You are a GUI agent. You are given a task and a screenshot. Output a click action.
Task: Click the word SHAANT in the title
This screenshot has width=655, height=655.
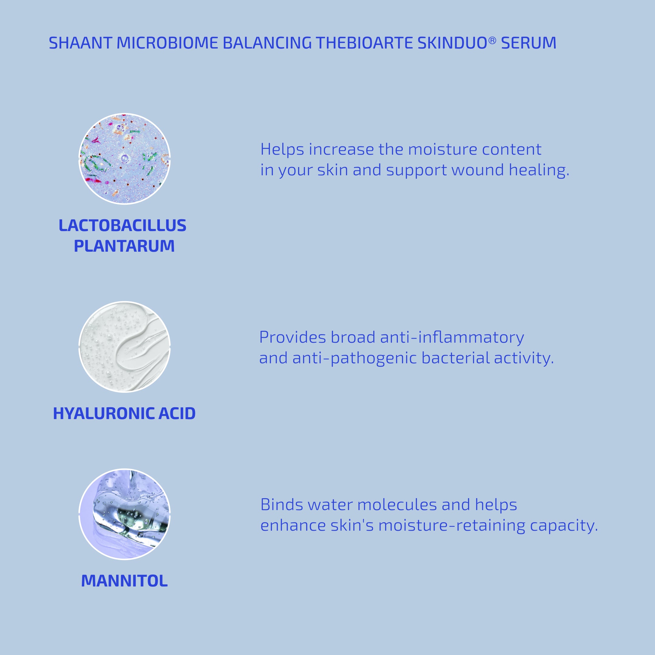click(80, 43)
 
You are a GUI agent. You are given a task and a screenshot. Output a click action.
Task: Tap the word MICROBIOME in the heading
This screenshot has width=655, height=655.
click(167, 43)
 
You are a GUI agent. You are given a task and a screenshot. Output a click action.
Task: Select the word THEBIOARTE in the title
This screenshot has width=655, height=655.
click(364, 43)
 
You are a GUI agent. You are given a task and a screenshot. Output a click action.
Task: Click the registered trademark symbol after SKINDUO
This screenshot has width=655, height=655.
click(492, 41)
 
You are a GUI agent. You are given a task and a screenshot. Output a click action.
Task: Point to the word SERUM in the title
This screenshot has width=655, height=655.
click(529, 43)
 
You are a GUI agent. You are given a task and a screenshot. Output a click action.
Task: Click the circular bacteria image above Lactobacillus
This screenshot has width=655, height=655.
click(124, 159)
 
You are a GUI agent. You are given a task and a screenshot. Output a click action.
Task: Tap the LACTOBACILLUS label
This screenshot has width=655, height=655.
click(123, 225)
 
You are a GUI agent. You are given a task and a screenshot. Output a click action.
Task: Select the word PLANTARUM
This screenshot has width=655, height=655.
click(124, 246)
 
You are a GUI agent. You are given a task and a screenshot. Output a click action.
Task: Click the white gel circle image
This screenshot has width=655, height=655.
click(124, 347)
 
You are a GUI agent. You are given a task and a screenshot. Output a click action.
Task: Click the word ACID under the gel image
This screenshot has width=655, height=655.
click(177, 414)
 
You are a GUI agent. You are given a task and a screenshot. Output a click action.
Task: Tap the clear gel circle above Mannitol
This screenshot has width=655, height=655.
click(124, 514)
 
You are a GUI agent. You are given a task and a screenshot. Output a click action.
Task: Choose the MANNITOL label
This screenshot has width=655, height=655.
click(124, 581)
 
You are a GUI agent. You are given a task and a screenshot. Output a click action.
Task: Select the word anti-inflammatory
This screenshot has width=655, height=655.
click(452, 337)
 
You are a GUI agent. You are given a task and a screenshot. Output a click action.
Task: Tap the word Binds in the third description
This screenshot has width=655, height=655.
click(282, 505)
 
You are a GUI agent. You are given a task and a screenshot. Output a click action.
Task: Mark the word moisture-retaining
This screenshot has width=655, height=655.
click(452, 526)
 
